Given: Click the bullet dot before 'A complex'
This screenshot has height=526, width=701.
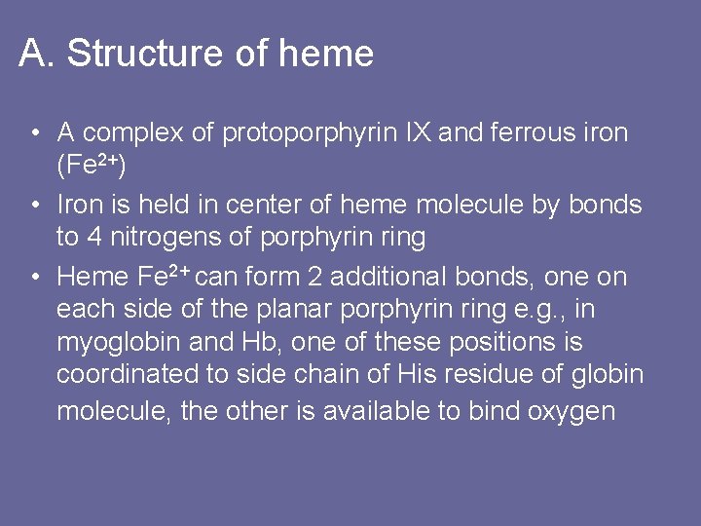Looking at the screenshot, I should [34, 133].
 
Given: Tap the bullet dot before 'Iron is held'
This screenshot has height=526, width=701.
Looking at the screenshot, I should [34, 206].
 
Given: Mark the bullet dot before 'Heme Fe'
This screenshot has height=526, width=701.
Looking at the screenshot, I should [34, 278].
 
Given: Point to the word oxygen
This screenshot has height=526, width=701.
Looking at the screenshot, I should [572, 411].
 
